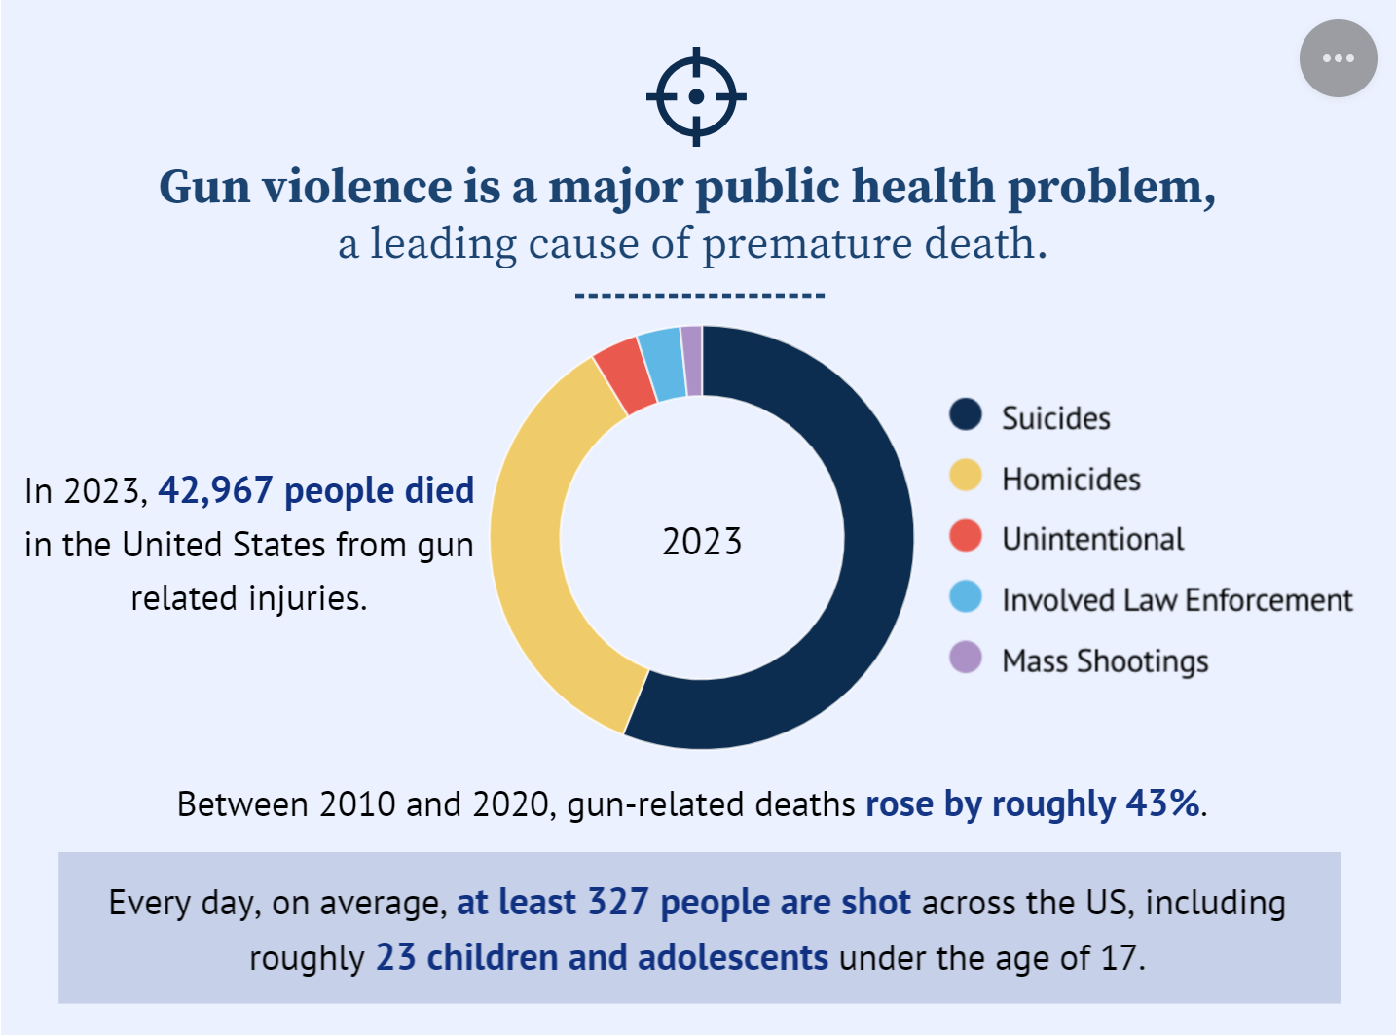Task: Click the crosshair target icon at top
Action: tap(696, 96)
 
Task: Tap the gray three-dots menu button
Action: tap(1338, 58)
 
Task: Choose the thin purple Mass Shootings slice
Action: tap(692, 361)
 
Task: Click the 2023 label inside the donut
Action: tap(702, 542)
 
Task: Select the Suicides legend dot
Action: tap(966, 414)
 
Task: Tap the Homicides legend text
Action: tap(1071, 480)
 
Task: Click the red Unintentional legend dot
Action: tap(966, 536)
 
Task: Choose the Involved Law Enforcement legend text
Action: tap(1177, 600)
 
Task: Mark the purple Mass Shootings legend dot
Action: tap(966, 658)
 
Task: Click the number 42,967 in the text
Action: tap(215, 491)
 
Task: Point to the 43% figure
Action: tap(1162, 804)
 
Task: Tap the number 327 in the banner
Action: tap(617, 903)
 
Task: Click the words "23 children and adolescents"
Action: tap(602, 958)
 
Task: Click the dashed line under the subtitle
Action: tap(700, 295)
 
